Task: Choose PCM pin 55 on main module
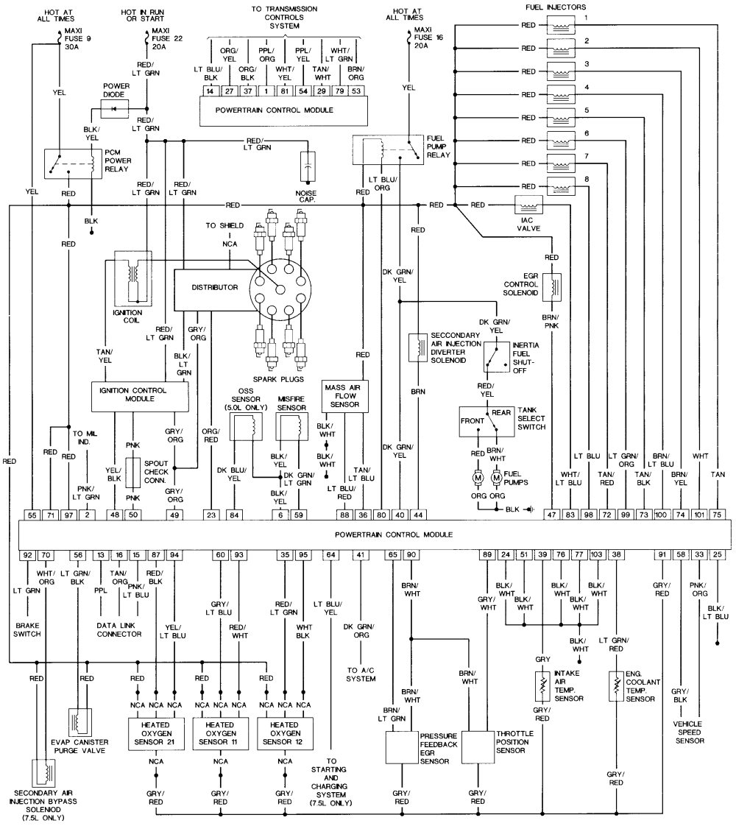[32, 515]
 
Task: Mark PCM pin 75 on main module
[717, 515]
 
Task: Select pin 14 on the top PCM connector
[210, 92]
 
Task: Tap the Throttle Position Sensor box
[478, 749]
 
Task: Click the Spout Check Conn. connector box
[133, 472]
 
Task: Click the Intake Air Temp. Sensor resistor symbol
[542, 685]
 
